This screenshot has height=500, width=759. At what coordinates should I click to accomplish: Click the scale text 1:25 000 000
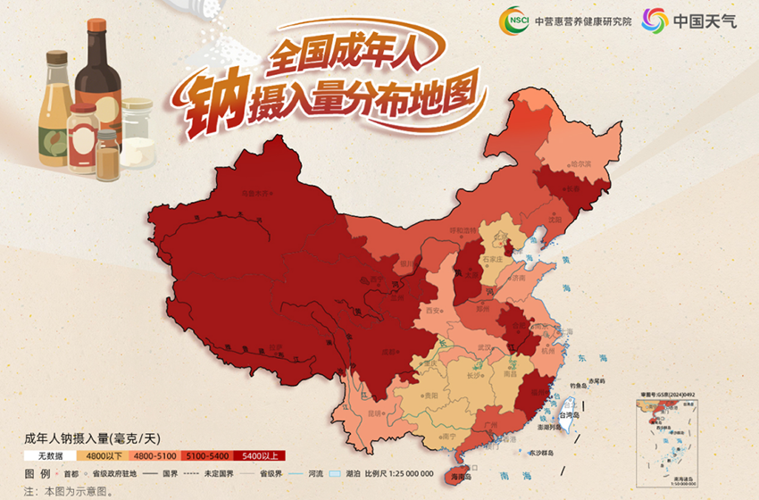point(404,473)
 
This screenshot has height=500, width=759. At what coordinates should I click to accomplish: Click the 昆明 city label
point(375,412)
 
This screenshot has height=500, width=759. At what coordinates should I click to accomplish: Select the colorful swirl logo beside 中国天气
point(655,20)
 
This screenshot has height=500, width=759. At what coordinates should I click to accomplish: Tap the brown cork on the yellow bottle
point(56,58)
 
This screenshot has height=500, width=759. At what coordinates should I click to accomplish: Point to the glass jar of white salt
point(138,134)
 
